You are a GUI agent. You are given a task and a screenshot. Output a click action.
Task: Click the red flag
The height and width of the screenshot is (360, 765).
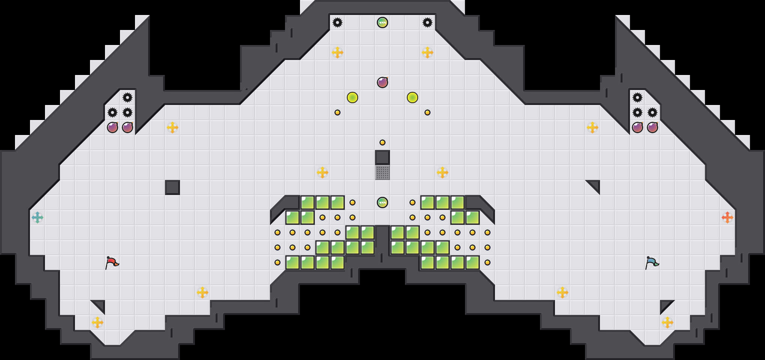pos(112,262)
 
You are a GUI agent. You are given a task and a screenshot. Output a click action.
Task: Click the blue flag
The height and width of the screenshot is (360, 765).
pos(652,262)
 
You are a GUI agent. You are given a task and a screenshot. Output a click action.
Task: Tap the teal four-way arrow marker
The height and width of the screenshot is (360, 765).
pos(37,217)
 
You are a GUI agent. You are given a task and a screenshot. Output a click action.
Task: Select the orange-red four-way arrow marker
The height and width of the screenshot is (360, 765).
pos(727,217)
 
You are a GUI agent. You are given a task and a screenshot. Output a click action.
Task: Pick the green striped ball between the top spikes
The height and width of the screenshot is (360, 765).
pos(382,22)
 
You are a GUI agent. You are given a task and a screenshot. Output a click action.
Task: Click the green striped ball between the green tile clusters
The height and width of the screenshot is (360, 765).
pos(382,202)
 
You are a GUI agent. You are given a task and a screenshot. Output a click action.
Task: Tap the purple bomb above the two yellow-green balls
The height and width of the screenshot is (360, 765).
pos(382,82)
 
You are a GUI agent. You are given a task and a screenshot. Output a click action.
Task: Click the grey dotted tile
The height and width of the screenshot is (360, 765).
pos(382,172)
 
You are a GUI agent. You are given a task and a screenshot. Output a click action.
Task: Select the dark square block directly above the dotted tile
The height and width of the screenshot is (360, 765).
pos(382,157)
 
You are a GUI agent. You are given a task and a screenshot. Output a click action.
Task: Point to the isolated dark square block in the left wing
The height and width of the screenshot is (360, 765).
pos(172,187)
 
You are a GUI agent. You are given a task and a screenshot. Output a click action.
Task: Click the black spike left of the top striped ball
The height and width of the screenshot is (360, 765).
pos(337,22)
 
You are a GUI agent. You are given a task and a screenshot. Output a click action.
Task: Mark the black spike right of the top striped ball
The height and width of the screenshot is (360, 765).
pos(427,22)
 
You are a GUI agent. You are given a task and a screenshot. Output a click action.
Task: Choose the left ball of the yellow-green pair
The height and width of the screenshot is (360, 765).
pos(352,97)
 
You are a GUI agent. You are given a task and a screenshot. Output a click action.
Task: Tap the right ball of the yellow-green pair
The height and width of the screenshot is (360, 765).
pos(412,97)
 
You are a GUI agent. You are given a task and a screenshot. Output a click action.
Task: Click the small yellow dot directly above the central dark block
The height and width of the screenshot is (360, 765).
pos(382,142)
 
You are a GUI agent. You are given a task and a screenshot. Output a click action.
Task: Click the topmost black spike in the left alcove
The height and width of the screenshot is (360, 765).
pos(127,97)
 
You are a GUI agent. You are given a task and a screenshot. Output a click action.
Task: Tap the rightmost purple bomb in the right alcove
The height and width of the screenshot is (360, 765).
pos(652,127)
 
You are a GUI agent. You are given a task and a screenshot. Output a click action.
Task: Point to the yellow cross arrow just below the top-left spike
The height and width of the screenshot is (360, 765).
pos(337,52)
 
